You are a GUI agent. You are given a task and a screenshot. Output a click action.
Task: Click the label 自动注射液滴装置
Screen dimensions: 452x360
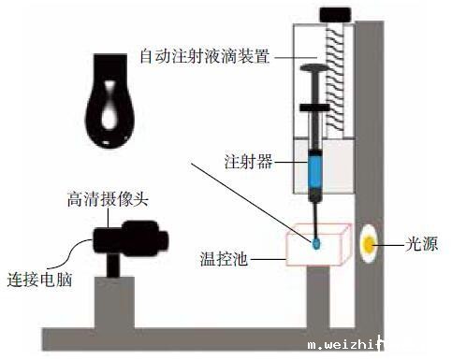click(x=205, y=56)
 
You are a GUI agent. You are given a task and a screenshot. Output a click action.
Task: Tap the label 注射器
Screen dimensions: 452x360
click(x=248, y=161)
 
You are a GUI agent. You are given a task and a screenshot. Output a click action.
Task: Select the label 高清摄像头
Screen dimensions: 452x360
click(x=108, y=199)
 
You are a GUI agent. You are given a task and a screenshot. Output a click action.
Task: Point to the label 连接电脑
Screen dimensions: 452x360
click(x=39, y=280)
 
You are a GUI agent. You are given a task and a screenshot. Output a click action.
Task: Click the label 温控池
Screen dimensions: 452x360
click(x=224, y=259)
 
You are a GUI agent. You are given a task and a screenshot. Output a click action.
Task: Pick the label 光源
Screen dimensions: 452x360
click(x=421, y=244)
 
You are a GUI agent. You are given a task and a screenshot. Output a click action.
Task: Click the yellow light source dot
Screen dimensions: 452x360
click(x=370, y=244)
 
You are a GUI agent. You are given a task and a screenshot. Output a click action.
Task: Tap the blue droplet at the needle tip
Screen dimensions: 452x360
click(x=316, y=244)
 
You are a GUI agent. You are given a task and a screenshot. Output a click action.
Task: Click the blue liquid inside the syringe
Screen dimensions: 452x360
click(x=314, y=170)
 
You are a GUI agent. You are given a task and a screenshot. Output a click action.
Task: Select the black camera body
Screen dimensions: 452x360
click(x=131, y=238)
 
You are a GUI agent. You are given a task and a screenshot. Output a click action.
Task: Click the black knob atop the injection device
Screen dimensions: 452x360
click(x=335, y=15)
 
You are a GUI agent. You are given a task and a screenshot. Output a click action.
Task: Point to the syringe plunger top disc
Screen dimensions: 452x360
click(x=314, y=67)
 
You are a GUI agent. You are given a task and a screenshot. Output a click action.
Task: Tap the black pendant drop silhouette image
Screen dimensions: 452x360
click(x=110, y=101)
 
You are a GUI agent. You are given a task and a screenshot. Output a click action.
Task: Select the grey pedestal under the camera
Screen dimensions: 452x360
click(x=114, y=302)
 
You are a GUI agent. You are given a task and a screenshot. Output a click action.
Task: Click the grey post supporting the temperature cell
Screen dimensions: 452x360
click(x=318, y=296)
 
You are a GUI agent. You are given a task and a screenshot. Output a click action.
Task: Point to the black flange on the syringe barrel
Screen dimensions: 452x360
click(x=314, y=108)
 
